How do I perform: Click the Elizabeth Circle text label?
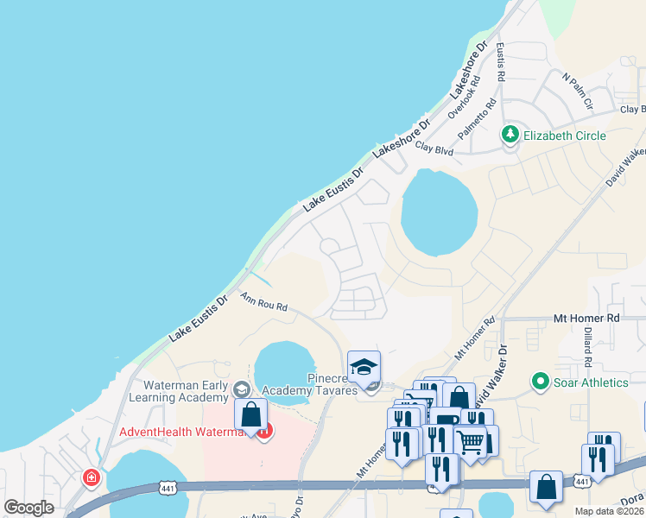(x=566, y=136)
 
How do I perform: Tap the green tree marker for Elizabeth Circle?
(x=510, y=135)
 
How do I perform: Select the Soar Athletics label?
(x=592, y=382)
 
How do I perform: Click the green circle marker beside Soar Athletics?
(x=541, y=381)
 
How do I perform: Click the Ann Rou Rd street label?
(x=263, y=302)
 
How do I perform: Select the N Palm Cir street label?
(x=578, y=92)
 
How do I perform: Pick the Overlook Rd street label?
(x=462, y=104)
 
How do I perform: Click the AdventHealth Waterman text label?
(x=181, y=432)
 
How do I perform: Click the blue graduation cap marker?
(x=364, y=366)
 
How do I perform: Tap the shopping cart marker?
(x=470, y=442)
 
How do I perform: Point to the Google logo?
(x=29, y=508)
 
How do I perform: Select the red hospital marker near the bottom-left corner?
(x=91, y=477)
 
